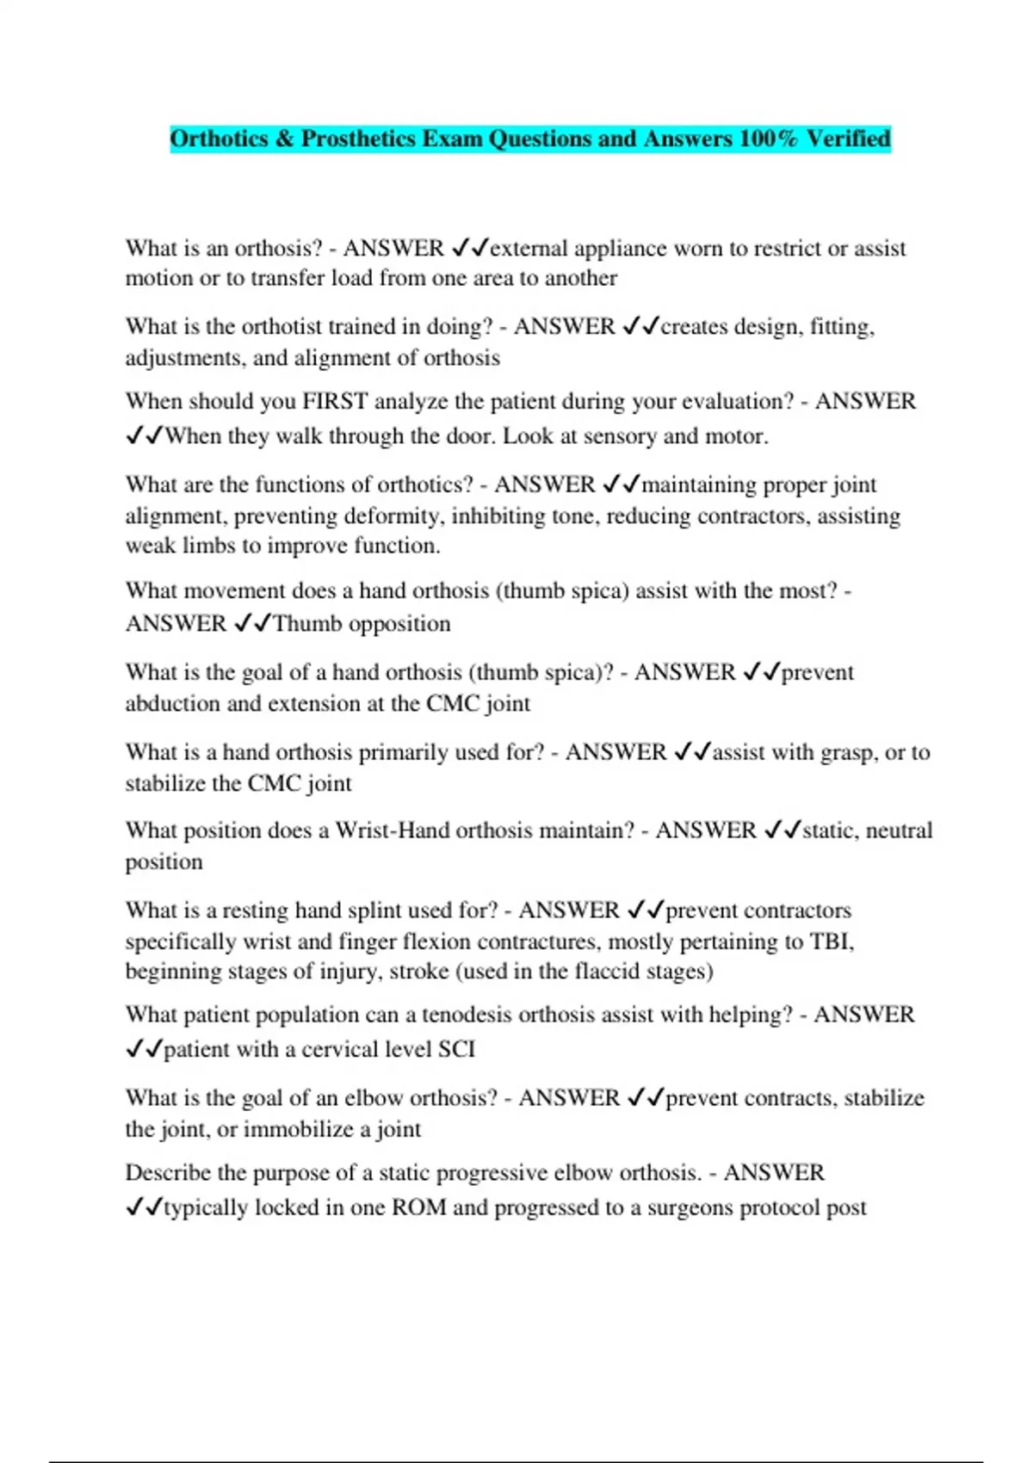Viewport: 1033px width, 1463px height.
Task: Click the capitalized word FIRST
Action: coord(335,401)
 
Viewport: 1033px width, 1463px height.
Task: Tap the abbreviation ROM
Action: coord(418,1207)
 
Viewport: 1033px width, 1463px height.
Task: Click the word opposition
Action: coord(399,624)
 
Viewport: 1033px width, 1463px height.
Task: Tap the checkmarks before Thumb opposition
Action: coord(252,623)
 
